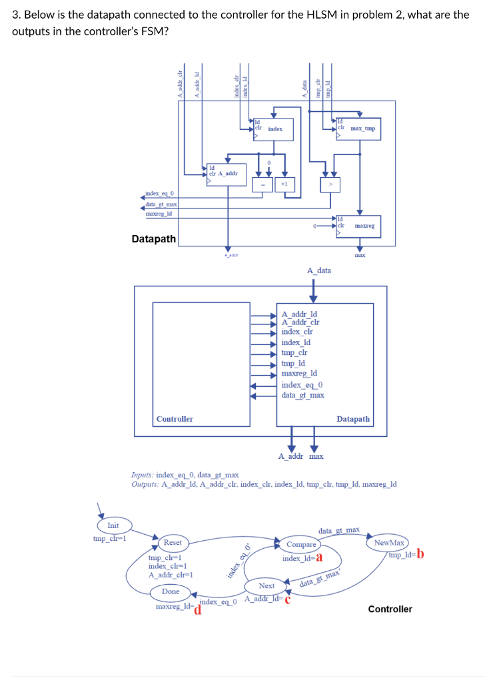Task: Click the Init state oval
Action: pos(113,525)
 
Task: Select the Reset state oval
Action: pos(173,542)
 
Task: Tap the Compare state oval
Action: pos(301,544)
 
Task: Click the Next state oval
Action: pos(266,585)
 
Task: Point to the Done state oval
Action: pos(171,591)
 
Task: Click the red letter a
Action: pos(320,558)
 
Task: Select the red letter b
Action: pos(420,555)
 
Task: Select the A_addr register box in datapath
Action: pos(226,173)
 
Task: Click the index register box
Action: pos(270,129)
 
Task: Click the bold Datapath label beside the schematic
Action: pos(154,238)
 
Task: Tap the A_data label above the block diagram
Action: pos(318,270)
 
